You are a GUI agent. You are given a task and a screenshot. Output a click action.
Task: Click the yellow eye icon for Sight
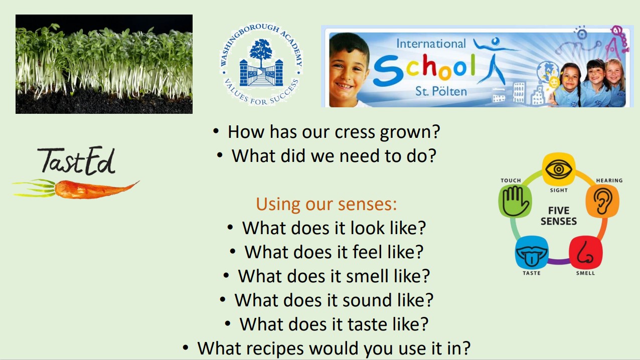coord(559,169)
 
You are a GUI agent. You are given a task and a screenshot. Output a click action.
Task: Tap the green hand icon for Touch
coord(515,201)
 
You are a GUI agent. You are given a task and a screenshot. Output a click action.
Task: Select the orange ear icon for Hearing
coord(602,201)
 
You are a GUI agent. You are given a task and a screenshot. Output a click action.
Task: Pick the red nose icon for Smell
coord(586,252)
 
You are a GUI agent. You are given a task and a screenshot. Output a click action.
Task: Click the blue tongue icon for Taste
coord(532,252)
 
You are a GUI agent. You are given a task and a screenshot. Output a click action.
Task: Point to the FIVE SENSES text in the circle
coord(559,216)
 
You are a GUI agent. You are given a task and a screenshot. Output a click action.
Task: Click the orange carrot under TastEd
coord(76,189)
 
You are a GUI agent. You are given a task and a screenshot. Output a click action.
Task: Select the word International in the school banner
coord(431,44)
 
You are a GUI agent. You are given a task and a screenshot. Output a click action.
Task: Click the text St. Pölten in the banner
coord(441,91)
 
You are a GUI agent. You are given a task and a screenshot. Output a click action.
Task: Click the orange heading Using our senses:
coord(327,204)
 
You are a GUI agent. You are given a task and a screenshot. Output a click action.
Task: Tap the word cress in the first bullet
coord(355,132)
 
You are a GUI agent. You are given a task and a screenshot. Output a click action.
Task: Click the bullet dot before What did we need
coord(219,155)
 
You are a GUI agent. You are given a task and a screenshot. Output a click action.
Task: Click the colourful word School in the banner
coord(424,69)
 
